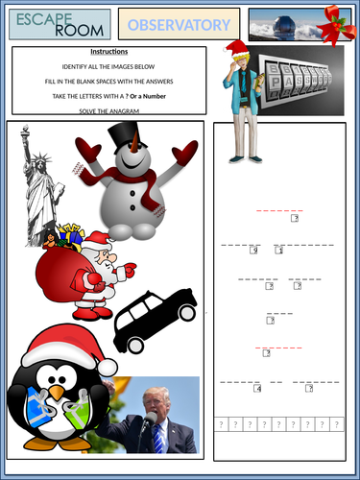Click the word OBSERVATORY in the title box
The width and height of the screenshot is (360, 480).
(180, 24)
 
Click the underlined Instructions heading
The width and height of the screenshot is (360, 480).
(108, 51)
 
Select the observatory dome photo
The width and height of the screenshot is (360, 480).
(285, 23)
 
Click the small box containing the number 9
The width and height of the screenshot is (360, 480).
(253, 251)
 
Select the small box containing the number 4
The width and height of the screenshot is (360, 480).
(257, 389)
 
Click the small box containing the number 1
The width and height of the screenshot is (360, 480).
(278, 251)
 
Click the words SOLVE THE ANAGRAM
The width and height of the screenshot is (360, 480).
(108, 112)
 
